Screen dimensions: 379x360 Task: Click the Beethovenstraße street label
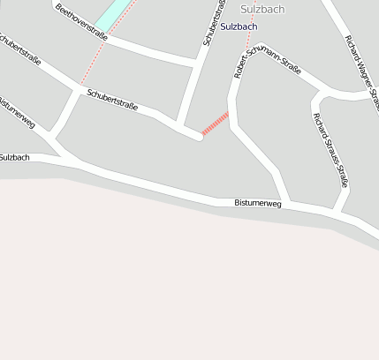[80, 23]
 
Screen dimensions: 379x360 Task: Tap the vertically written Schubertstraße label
[210, 23]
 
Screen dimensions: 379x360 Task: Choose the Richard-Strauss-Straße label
[330, 149]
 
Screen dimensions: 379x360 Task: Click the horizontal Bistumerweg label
[257, 204]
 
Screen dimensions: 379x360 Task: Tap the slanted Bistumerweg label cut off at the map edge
[17, 114]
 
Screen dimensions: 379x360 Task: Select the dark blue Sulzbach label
[239, 26]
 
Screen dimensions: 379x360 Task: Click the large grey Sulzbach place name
[262, 9]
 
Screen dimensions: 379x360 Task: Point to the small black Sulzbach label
[14, 157]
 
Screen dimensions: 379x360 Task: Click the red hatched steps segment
[215, 124]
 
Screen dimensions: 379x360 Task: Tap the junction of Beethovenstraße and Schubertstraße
[193, 63]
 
